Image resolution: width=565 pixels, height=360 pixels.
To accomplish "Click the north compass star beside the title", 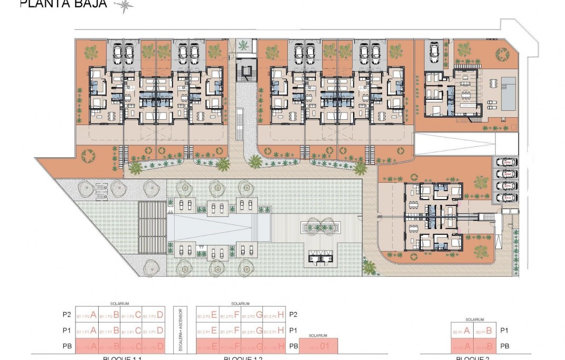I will (125, 5).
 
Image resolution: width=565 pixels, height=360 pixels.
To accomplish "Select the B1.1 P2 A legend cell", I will (86, 315).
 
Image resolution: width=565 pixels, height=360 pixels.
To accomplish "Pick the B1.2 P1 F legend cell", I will (230, 331).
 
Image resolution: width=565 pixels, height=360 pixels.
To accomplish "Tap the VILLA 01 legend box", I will (318, 346).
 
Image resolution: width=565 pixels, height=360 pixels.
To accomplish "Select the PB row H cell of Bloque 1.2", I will (274, 346).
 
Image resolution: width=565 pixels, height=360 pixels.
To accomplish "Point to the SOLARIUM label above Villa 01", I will (318, 336).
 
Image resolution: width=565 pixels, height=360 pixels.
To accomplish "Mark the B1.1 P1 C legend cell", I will (130, 331).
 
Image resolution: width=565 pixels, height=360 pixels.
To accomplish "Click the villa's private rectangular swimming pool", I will (509, 93).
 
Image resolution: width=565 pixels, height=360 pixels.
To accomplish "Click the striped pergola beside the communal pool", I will (152, 228).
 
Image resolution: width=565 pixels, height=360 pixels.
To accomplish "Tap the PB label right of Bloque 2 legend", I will (504, 346).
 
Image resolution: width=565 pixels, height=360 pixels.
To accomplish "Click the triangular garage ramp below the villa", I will (454, 144).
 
